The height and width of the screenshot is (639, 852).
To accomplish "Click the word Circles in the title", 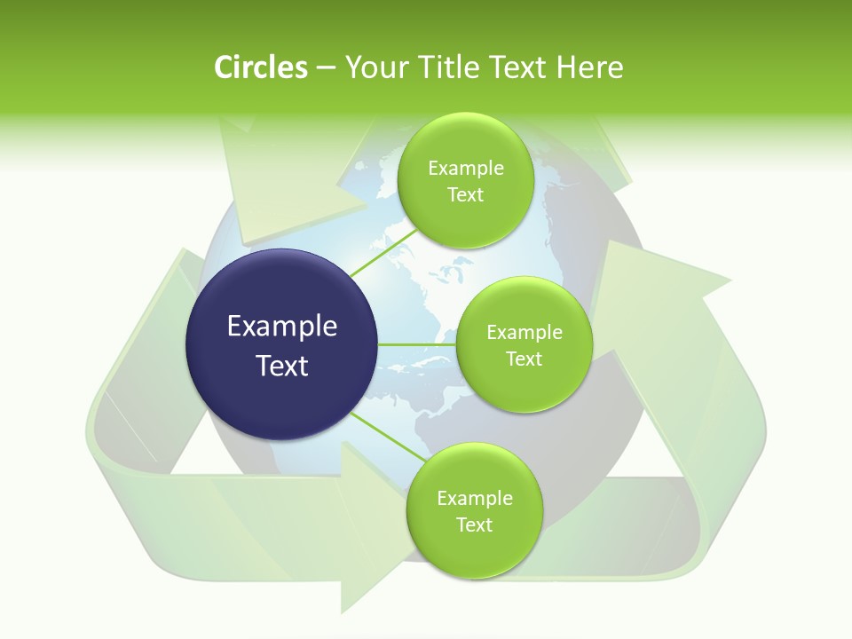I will click(x=260, y=67).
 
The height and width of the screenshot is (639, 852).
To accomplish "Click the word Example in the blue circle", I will click(x=282, y=327).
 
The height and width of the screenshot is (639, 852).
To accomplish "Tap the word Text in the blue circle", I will click(x=282, y=366).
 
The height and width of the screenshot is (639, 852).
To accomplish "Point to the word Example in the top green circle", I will click(x=466, y=169).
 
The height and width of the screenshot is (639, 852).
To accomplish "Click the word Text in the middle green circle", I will click(x=524, y=359).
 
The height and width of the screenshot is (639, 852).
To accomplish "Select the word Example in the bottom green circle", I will click(x=475, y=499).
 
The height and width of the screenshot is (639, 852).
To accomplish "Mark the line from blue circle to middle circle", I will click(x=417, y=344).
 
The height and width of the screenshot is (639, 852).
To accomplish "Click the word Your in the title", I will click(x=374, y=67).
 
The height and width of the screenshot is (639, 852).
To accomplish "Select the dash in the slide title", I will click(x=325, y=68).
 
